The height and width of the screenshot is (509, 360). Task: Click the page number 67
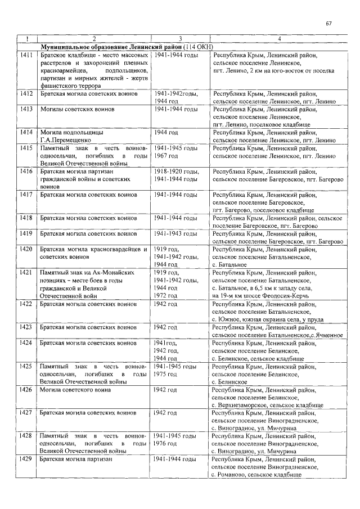tap(329, 23)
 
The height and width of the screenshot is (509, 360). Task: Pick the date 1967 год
tap(166, 155)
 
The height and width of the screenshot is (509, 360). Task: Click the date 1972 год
tap(166, 295)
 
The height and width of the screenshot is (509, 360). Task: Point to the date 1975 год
tap(166, 373)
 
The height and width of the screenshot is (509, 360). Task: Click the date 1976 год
tap(166, 444)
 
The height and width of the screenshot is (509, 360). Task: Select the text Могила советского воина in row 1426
tap(74, 389)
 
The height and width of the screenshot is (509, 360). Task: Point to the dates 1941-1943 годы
tap(175, 233)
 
